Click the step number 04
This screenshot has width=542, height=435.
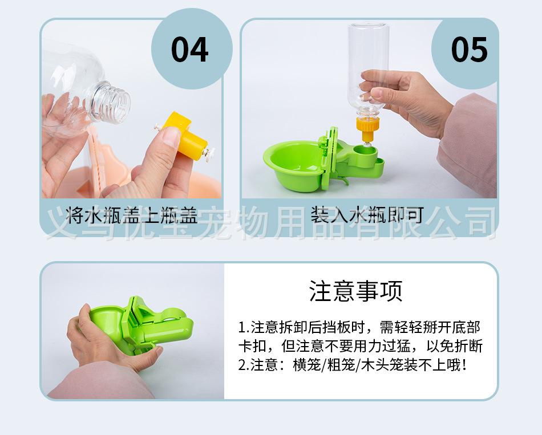(190, 50)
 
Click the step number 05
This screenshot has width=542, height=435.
(470, 50)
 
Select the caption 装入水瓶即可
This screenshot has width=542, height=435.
(367, 214)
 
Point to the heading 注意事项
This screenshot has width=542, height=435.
(355, 291)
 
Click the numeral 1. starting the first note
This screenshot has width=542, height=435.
(244, 327)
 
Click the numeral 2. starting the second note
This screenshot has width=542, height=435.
(244, 365)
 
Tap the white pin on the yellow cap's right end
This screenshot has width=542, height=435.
(209, 152)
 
